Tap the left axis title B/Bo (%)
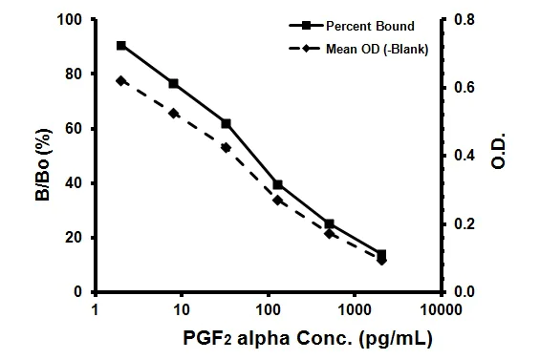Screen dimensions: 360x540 (17, 155)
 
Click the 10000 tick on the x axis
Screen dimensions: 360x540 (441, 309)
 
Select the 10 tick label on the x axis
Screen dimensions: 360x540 (181, 309)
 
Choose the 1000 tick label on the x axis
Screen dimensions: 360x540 (355, 309)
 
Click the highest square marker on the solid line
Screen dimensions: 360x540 (121, 46)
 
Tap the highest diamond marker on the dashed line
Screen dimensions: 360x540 (121, 80)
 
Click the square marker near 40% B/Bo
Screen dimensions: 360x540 (277, 184)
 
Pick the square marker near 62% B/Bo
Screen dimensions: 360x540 (226, 123)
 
